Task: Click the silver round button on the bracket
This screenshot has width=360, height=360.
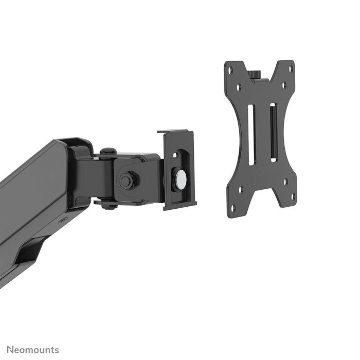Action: pos(180,178)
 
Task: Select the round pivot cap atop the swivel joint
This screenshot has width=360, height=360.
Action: pos(107,152)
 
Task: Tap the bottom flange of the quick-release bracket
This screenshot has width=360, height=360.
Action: pos(180,207)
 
